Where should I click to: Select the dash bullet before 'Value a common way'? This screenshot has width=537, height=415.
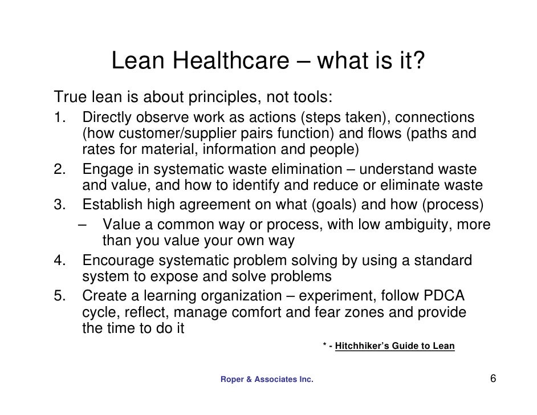tap(83, 223)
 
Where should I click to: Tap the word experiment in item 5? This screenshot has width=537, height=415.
tap(335, 296)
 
